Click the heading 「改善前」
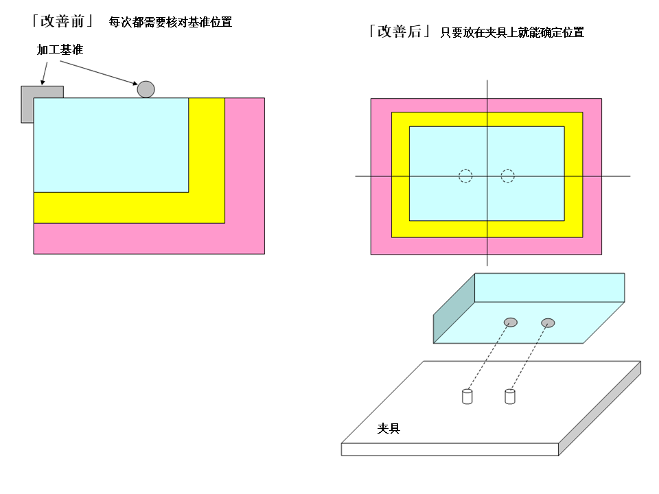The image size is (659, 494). pyautogui.click(x=62, y=21)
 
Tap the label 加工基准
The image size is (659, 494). pyautogui.click(x=60, y=49)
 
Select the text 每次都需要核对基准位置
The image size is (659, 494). pyautogui.click(x=170, y=22)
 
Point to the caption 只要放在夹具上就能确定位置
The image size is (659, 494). pyautogui.click(x=512, y=32)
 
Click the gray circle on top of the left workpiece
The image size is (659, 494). pyautogui.click(x=146, y=89)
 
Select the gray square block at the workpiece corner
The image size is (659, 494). pyautogui.click(x=42, y=104)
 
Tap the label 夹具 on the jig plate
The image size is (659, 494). pyautogui.click(x=389, y=428)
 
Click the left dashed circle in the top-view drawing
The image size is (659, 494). pyautogui.click(x=465, y=176)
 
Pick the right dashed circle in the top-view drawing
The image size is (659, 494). pyautogui.click(x=508, y=176)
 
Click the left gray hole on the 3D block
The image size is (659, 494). pyautogui.click(x=511, y=322)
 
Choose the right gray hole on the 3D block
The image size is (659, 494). pyautogui.click(x=548, y=322)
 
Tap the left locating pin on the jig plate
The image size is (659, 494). pyautogui.click(x=467, y=397)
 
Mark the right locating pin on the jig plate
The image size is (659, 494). pyautogui.click(x=510, y=397)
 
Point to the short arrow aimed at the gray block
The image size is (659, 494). pyautogui.click(x=44, y=73)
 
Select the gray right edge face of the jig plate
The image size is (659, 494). pyautogui.click(x=600, y=408)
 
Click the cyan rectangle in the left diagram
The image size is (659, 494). pyautogui.click(x=111, y=145)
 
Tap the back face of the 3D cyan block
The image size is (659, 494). pyautogui.click(x=550, y=287)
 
